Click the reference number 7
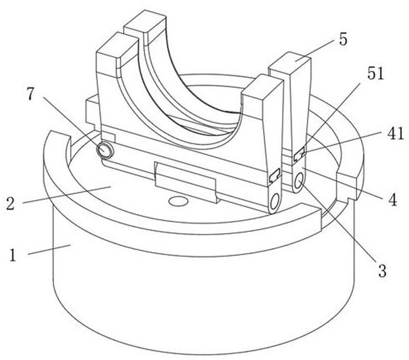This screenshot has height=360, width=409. [x=31, y=94]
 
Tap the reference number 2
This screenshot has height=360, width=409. [x=10, y=204]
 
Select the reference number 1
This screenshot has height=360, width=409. [x=12, y=255]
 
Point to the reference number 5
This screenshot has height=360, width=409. [x=343, y=40]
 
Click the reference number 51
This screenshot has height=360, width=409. [x=376, y=73]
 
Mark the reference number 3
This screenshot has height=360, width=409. [x=382, y=271]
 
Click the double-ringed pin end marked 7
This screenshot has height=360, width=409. [x=105, y=150]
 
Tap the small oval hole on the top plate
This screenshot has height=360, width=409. [x=178, y=201]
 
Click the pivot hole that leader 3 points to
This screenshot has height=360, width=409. [x=299, y=181]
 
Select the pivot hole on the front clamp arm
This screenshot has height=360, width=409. [x=275, y=201]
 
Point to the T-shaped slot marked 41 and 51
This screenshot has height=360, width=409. [x=299, y=154]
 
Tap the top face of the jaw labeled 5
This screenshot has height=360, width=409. [x=290, y=62]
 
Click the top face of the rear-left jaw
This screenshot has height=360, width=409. [x=145, y=21]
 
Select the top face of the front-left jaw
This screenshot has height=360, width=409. [x=117, y=45]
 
